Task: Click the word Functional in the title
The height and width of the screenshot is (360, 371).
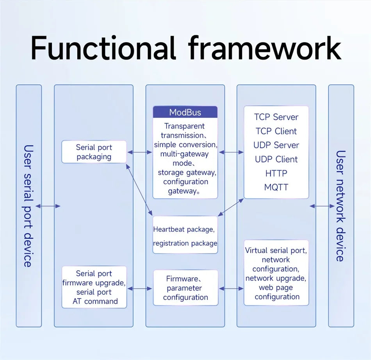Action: point(103,48)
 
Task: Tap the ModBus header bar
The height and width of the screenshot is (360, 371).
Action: point(185,112)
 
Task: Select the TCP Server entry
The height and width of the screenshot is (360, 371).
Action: point(276,117)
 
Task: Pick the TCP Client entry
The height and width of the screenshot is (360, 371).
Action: point(276,131)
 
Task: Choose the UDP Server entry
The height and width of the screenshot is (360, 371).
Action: point(276,145)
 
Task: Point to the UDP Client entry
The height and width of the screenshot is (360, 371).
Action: point(276,159)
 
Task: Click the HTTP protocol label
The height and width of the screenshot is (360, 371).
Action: point(276,173)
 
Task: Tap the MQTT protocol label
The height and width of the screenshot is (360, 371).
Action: point(276,187)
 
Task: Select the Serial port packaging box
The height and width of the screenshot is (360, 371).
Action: point(94,152)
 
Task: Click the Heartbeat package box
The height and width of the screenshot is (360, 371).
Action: point(185,235)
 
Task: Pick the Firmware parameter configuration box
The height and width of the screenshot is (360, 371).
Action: point(185,288)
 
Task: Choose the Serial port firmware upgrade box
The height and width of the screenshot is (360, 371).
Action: point(94,287)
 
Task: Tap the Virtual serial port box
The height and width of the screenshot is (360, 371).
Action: point(276,273)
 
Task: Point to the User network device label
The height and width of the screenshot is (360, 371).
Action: point(341,206)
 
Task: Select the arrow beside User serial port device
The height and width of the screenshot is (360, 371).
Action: point(48,206)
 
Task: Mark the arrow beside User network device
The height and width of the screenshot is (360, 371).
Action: point(322,206)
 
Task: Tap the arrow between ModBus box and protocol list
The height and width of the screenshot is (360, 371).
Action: point(231,153)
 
